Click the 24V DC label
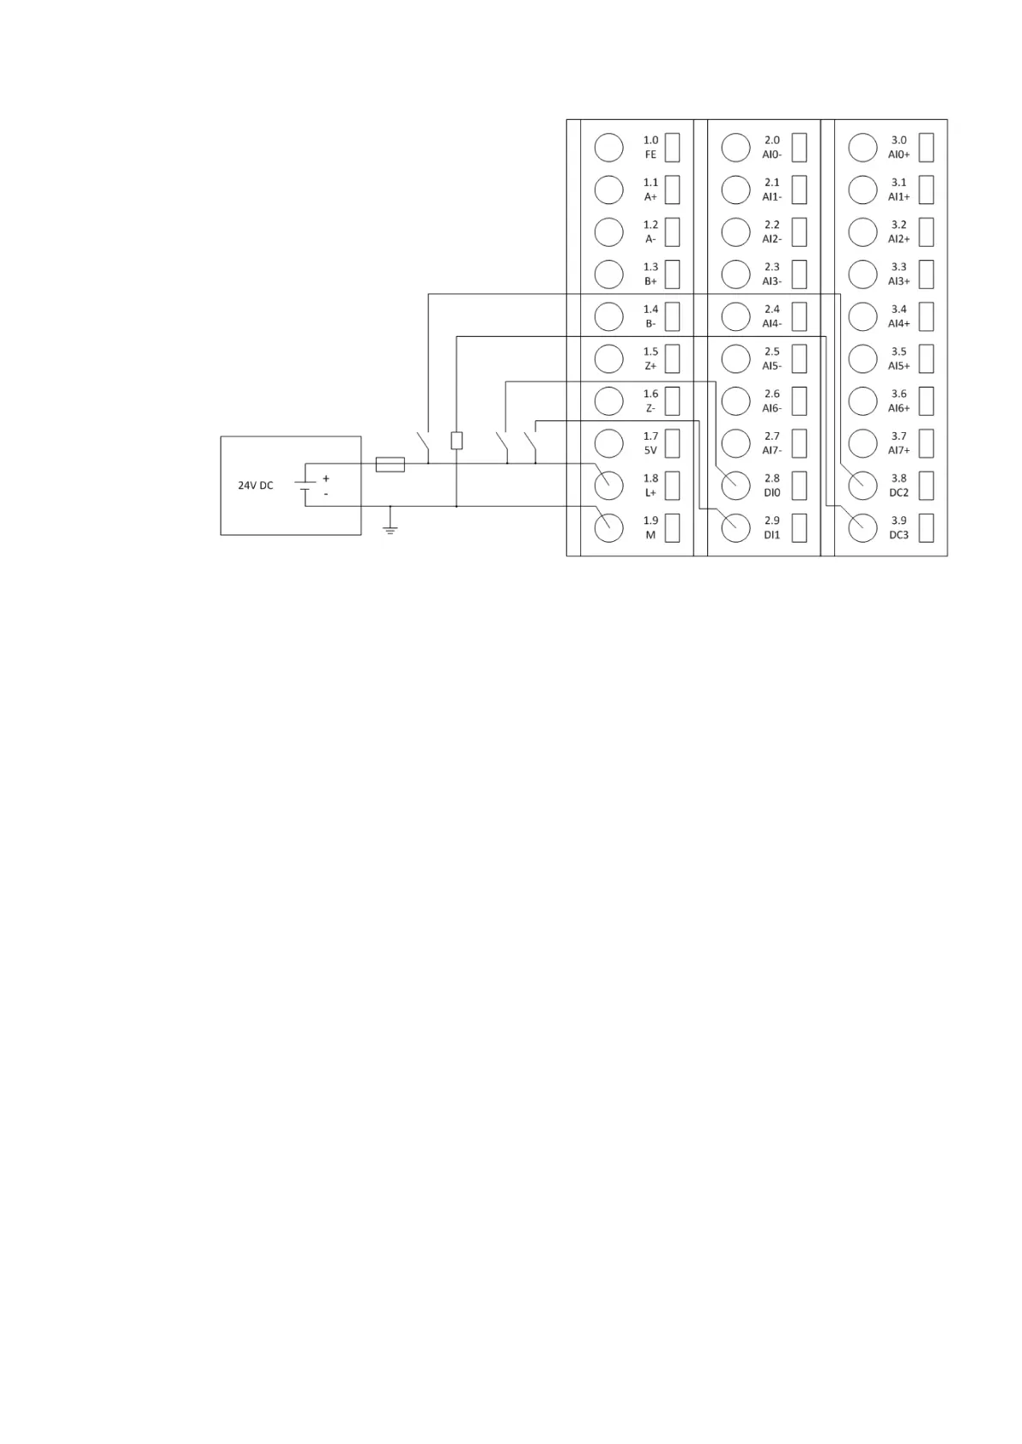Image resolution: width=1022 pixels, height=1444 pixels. pyautogui.click(x=256, y=485)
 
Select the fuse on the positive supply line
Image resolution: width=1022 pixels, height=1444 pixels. pyautogui.click(x=390, y=465)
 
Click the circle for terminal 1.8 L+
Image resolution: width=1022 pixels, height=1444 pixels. pyautogui.click(x=608, y=485)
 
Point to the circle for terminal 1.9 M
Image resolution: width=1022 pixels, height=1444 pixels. pyautogui.click(x=608, y=527)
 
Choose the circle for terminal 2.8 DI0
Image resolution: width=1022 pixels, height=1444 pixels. pyautogui.click(x=735, y=485)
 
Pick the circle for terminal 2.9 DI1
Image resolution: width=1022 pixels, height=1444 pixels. pyautogui.click(x=735, y=527)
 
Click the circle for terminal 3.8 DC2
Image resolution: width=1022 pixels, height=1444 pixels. pyautogui.click(x=862, y=485)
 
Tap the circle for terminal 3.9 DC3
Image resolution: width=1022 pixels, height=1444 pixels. pyautogui.click(x=862, y=527)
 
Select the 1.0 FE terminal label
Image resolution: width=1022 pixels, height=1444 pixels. pyautogui.click(x=650, y=147)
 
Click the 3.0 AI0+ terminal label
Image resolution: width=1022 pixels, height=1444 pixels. pyautogui.click(x=898, y=147)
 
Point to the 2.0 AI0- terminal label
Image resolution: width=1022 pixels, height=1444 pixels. pyautogui.click(x=771, y=147)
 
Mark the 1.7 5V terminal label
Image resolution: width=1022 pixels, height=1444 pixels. pyautogui.click(x=650, y=443)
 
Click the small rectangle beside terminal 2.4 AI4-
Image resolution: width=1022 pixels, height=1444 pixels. pyautogui.click(x=799, y=316)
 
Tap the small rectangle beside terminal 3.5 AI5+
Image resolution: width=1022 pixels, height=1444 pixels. pyautogui.click(x=926, y=358)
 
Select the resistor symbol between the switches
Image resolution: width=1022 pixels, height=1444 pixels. pyautogui.click(x=457, y=441)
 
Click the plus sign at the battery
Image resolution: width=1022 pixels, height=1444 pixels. pyautogui.click(x=326, y=478)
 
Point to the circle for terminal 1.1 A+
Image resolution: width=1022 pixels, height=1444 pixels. pyautogui.click(x=608, y=190)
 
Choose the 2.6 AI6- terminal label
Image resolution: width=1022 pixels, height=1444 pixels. pyautogui.click(x=771, y=401)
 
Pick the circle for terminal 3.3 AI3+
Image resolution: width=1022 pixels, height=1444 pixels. pyautogui.click(x=862, y=274)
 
